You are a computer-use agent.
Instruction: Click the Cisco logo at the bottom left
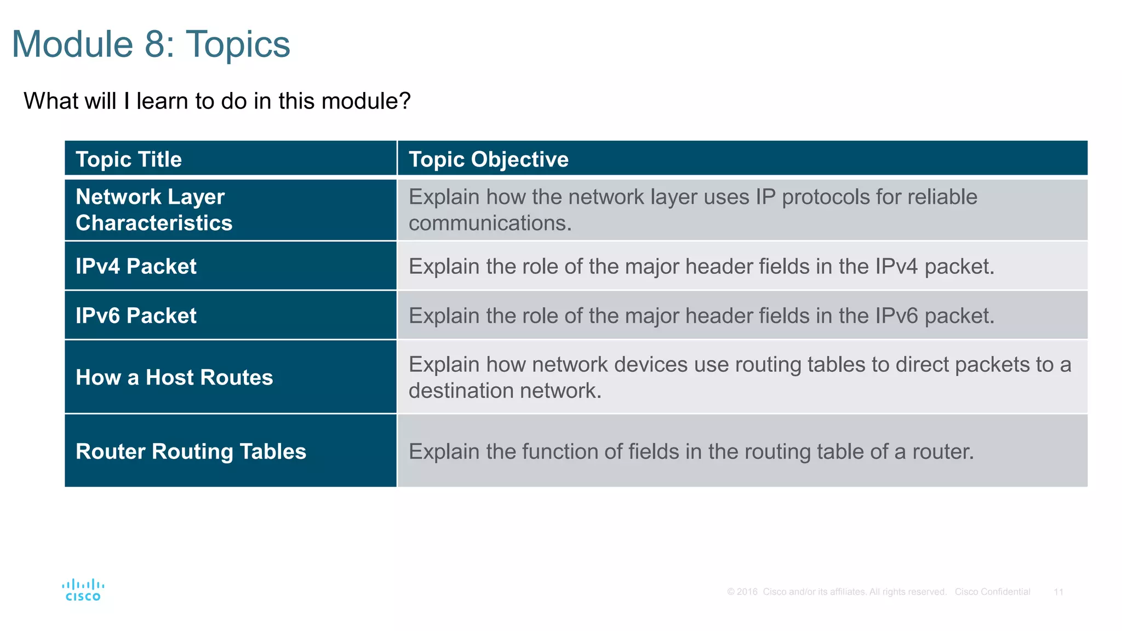[83, 590]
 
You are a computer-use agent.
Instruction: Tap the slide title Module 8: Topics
[151, 44]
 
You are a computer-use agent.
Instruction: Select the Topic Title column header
[129, 159]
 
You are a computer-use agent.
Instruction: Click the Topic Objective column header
[488, 159]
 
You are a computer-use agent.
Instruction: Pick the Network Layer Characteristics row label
[153, 210]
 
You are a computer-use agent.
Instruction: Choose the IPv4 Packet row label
[136, 266]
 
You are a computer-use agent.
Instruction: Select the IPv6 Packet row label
[136, 315]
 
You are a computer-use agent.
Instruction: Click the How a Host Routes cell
[174, 377]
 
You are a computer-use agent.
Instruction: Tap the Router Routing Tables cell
[191, 451]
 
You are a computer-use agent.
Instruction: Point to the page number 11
[1058, 592]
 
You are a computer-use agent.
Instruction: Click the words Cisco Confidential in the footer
[992, 592]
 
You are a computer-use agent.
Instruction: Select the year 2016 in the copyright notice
[747, 592]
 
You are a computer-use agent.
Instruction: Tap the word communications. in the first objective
[490, 223]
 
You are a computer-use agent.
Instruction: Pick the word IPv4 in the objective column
[896, 267]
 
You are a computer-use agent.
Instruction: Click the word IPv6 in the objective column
[896, 316]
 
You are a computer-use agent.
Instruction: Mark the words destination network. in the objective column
[505, 391]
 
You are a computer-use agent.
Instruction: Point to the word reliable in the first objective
[942, 197]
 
